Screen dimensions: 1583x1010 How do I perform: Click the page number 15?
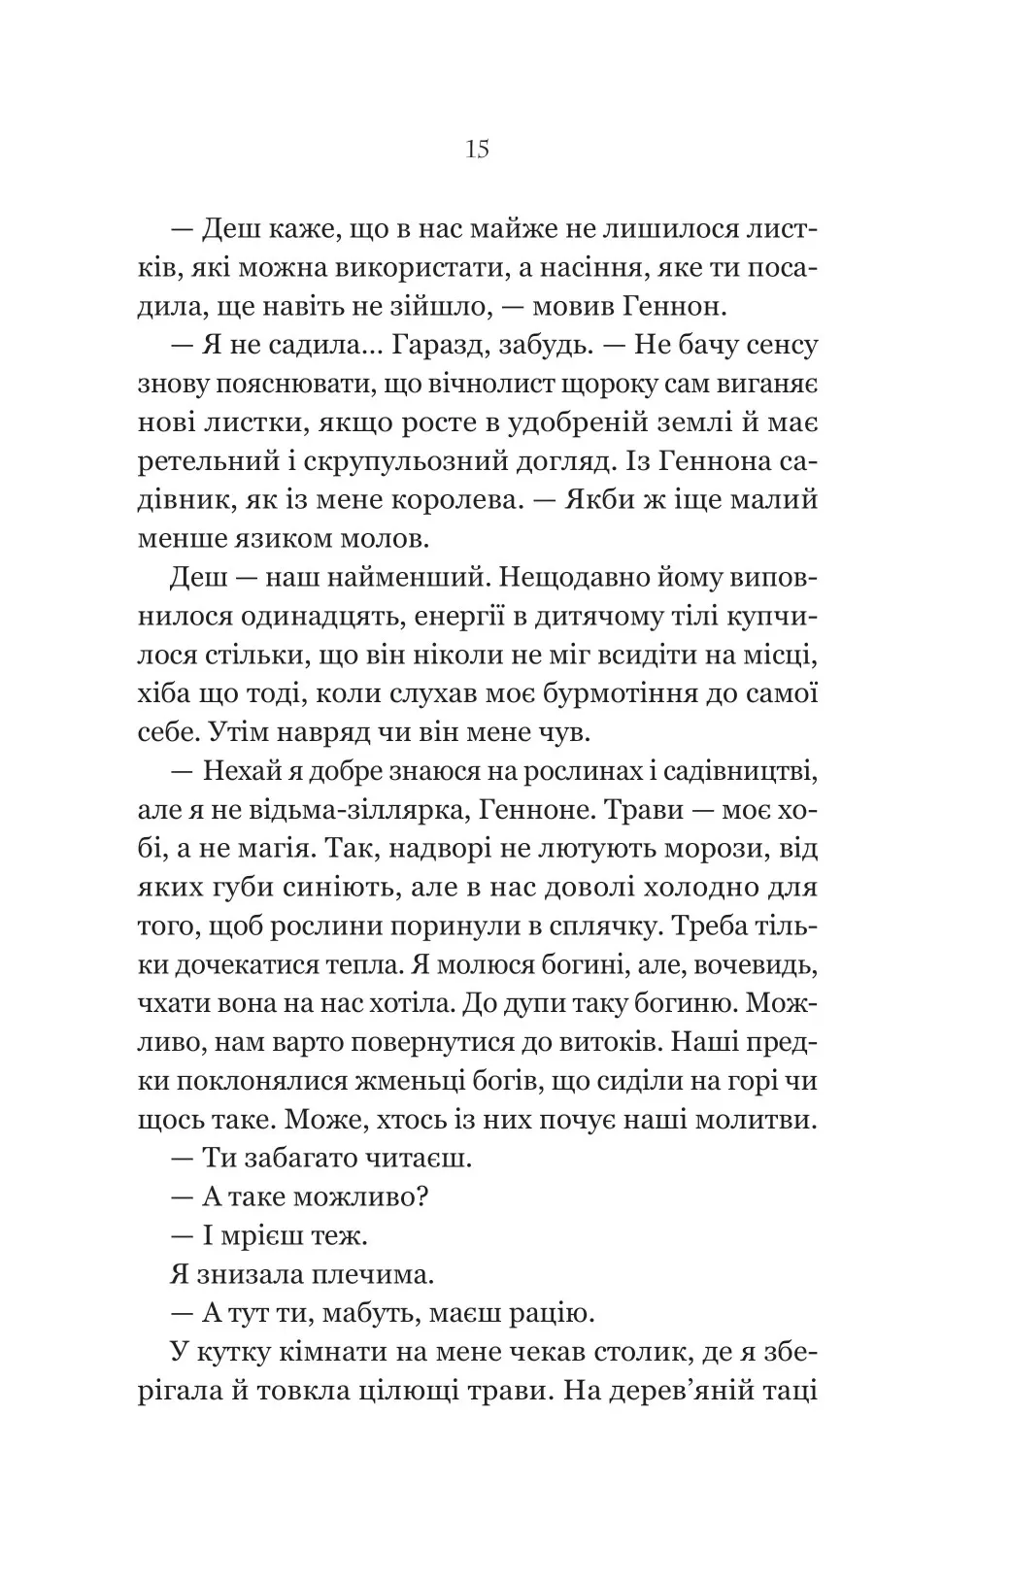pos(477,150)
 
